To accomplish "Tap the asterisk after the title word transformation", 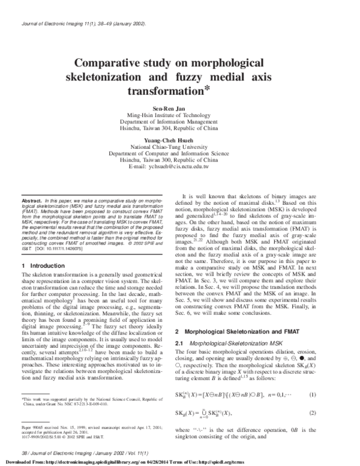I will pyautogui.click(x=206, y=89).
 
